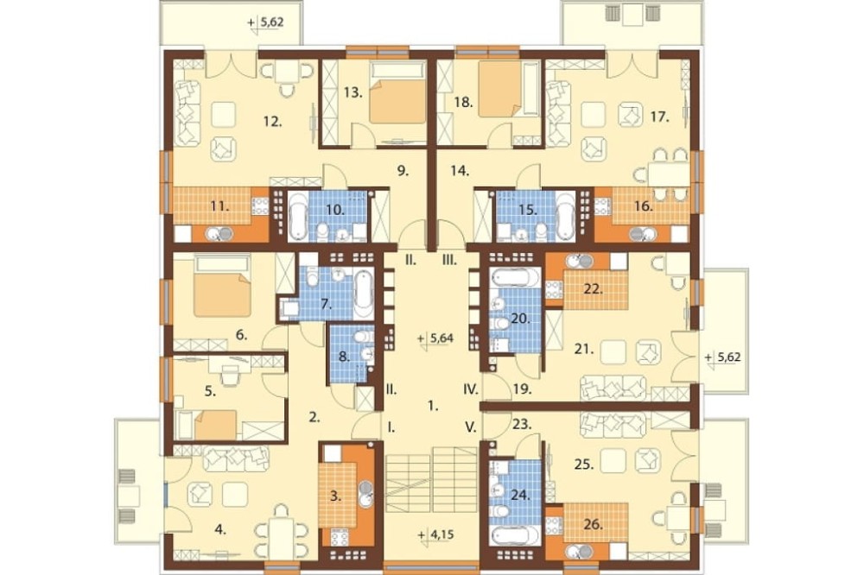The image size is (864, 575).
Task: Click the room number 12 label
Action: (x=273, y=121)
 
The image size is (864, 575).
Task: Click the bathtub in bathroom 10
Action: (x=298, y=217)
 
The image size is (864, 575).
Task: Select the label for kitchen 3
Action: (x=335, y=496)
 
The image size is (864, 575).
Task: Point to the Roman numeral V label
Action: (x=471, y=427)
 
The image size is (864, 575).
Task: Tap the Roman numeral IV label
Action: (x=470, y=390)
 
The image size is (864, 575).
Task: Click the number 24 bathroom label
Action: (x=519, y=496)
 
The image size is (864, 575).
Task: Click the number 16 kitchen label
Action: (x=644, y=206)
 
